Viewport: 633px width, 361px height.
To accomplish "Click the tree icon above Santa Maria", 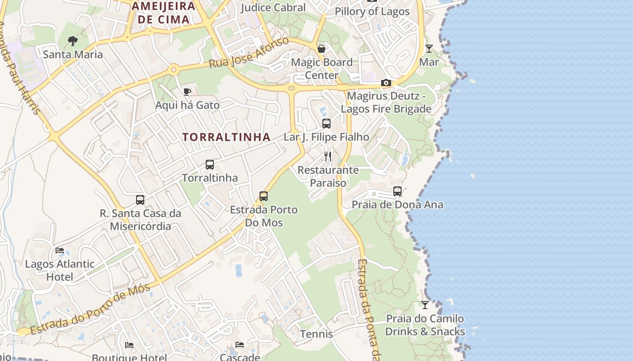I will tap(72, 41).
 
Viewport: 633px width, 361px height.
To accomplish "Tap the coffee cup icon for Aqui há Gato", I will tap(187, 92).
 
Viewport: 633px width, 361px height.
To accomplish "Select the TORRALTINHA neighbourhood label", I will tap(227, 137).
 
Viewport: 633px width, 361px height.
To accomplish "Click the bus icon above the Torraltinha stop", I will tap(210, 165).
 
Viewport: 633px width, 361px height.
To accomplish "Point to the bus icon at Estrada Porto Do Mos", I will tap(264, 196).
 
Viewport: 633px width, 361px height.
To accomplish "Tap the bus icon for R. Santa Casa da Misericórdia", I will tap(140, 199).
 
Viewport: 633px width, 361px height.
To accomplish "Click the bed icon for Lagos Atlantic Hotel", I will tap(60, 250).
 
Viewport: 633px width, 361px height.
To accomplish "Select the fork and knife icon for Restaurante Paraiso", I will tap(328, 157).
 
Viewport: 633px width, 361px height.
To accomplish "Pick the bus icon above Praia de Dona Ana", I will tap(397, 191).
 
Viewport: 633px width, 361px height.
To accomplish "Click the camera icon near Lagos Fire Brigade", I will tap(386, 83).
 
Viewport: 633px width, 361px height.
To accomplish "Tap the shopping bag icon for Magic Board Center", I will tap(321, 48).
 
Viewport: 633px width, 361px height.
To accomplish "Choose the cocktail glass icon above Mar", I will tap(429, 48).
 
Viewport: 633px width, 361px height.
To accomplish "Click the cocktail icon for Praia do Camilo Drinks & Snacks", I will tap(425, 305).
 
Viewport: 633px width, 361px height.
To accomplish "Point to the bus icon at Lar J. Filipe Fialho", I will tap(326, 124).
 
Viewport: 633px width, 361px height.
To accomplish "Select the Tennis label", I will tap(316, 334).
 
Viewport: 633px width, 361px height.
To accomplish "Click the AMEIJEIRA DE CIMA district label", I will tap(164, 13).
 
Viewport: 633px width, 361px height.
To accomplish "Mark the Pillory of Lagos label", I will tap(372, 11).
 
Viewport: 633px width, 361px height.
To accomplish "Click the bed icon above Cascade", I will tap(240, 345).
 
